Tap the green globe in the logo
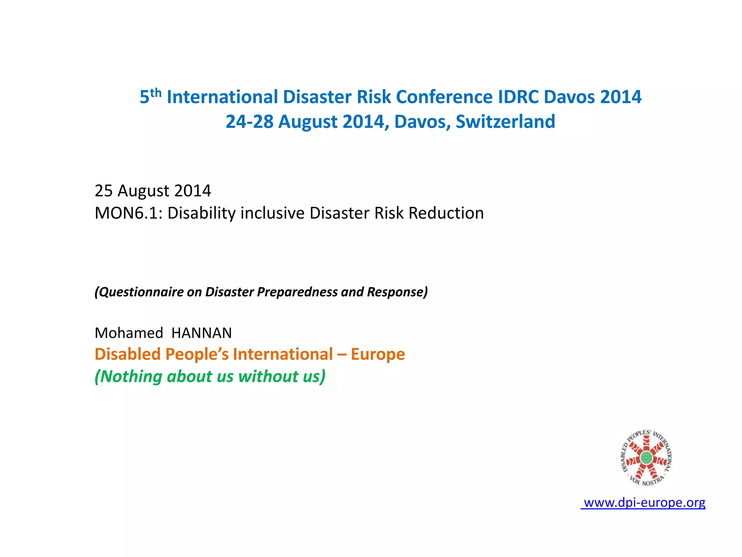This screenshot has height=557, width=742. [646, 458]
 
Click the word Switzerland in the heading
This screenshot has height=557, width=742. [505, 121]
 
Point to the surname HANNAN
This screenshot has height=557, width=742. [201, 333]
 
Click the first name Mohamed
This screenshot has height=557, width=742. [129, 333]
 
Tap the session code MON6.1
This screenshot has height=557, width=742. [128, 213]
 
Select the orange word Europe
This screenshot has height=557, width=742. [378, 354]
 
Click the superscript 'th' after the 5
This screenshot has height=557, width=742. [156, 93]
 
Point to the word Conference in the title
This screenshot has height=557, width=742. [444, 97]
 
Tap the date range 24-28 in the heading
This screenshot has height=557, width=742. [249, 121]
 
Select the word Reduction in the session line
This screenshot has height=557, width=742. [446, 213]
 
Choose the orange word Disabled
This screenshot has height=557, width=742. [127, 354]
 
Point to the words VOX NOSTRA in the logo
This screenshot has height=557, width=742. [647, 481]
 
